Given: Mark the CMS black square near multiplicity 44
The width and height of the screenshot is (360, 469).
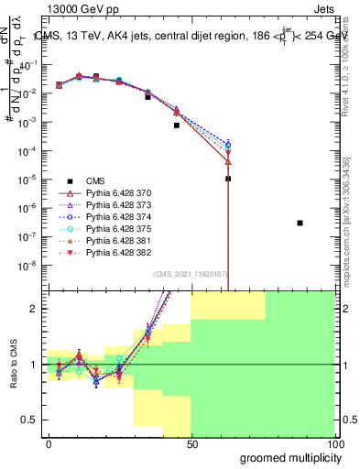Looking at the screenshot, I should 177,125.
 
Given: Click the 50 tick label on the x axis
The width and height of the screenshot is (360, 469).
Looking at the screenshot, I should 191,442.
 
